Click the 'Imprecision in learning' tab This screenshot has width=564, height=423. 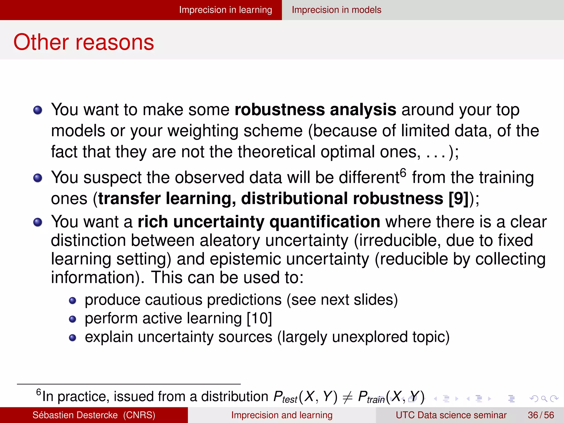click(225, 10)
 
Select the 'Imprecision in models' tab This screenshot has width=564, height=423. click(336, 10)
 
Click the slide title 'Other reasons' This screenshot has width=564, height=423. click(84, 42)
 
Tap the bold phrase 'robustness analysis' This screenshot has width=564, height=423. click(315, 110)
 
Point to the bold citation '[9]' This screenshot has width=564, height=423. click(459, 198)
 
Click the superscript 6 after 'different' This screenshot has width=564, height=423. click(403, 173)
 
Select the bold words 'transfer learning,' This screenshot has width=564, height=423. click(167, 198)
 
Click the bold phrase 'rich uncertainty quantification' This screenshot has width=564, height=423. click(259, 222)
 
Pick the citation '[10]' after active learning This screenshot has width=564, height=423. click(259, 318)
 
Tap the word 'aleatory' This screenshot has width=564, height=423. click(230, 240)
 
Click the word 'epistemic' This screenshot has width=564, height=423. click(245, 259)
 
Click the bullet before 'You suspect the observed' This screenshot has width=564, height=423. click(38, 178)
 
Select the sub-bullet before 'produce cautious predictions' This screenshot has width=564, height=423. click(72, 300)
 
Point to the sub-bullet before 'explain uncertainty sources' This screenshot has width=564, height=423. click(72, 338)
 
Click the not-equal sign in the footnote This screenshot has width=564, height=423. click(348, 397)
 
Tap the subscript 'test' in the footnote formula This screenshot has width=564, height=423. click(289, 400)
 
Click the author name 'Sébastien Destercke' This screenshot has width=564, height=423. click(75, 415)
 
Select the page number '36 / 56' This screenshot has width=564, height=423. click(541, 415)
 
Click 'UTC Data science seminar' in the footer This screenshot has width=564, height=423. click(451, 415)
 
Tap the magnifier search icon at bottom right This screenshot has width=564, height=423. click(544, 398)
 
